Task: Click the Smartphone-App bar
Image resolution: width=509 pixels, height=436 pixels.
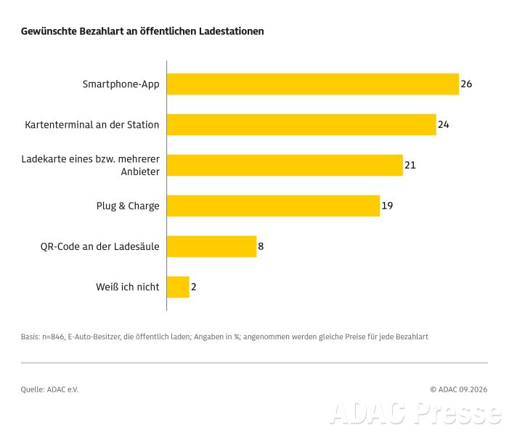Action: coord(313,84)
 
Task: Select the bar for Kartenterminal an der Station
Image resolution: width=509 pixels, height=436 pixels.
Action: coord(301,125)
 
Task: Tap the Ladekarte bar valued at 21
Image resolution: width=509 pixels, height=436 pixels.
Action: coord(285,166)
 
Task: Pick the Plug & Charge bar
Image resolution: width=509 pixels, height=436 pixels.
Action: coord(273,206)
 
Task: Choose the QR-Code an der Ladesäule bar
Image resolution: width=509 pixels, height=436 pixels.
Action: coord(211,246)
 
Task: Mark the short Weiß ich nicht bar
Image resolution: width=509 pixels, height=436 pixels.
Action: coord(178,287)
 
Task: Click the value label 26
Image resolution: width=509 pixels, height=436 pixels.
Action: coord(466,84)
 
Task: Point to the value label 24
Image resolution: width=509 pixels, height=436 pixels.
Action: coord(444,125)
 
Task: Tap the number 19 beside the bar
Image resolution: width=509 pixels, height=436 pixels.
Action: coord(387,206)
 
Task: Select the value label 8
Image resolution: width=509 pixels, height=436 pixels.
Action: coord(261,246)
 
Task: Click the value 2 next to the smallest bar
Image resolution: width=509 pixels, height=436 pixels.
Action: coord(193,287)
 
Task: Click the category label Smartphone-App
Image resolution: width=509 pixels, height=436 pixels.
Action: coord(121,84)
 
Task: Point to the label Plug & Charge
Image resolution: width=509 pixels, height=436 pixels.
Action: coord(128,206)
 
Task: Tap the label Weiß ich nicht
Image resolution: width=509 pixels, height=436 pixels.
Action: coord(128,287)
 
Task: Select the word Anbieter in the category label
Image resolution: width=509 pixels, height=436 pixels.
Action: coord(140,171)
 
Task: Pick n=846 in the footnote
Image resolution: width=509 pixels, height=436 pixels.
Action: coord(53,337)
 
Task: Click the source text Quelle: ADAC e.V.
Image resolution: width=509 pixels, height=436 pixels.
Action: coord(49,389)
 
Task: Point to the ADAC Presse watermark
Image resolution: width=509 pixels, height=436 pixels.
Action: coord(416,413)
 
